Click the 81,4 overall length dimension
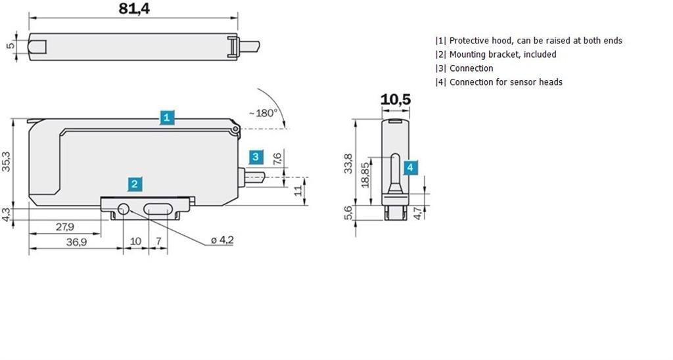point(134,8)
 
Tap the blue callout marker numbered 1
point(167,117)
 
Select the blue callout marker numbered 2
point(135,184)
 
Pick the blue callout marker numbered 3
point(256,156)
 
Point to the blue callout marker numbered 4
point(410,168)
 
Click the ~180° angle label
point(263,113)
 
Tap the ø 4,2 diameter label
point(222,240)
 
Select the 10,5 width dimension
point(395,100)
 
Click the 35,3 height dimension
point(6,162)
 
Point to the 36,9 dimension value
point(76,242)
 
